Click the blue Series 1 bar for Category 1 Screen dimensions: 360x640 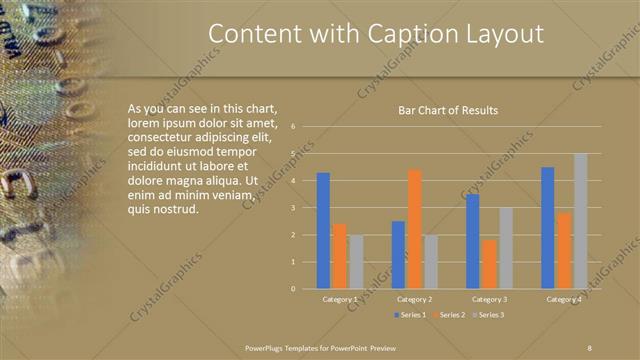[323, 231]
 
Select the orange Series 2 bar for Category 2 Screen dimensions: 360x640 [414, 229]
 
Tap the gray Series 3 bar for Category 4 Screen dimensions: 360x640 [580, 221]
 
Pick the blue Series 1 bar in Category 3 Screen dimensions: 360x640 [473, 241]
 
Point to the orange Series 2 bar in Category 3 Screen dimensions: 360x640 [489, 264]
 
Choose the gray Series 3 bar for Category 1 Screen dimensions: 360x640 [356, 262]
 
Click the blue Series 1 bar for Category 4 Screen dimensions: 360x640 [548, 228]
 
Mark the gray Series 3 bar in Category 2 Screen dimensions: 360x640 [430, 262]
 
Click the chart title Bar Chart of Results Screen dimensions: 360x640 [448, 111]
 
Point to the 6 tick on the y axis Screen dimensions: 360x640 [293, 127]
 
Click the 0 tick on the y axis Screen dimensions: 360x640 [293, 289]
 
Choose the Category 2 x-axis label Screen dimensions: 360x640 [414, 299]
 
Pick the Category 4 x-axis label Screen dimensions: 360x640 [564, 299]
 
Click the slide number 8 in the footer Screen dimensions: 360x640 [590, 347]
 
